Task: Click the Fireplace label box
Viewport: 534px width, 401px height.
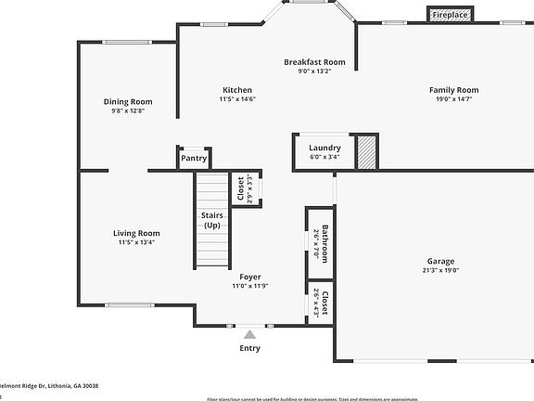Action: click(450, 15)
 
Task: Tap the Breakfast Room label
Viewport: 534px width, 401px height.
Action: click(314, 62)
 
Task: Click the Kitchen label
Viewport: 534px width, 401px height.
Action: click(237, 90)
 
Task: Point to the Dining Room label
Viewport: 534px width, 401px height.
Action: click(128, 102)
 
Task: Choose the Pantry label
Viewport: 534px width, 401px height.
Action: click(194, 158)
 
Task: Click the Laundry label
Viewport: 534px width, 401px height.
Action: click(324, 148)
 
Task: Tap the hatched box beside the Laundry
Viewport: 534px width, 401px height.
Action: click(368, 152)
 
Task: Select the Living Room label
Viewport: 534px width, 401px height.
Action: click(136, 233)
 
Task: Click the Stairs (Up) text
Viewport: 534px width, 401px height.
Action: click(211, 220)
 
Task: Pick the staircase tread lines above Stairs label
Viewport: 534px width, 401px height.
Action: click(210, 190)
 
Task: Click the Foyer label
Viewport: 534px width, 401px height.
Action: click(249, 277)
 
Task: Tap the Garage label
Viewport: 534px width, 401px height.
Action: click(440, 261)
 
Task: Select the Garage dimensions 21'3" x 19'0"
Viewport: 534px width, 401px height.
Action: click(440, 270)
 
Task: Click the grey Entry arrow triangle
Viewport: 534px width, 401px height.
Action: click(248, 332)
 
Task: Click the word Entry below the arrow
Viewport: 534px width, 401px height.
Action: click(249, 348)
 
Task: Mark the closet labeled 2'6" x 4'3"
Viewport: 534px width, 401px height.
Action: click(320, 303)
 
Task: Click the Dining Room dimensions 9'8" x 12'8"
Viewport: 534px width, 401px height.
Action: click(128, 110)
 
